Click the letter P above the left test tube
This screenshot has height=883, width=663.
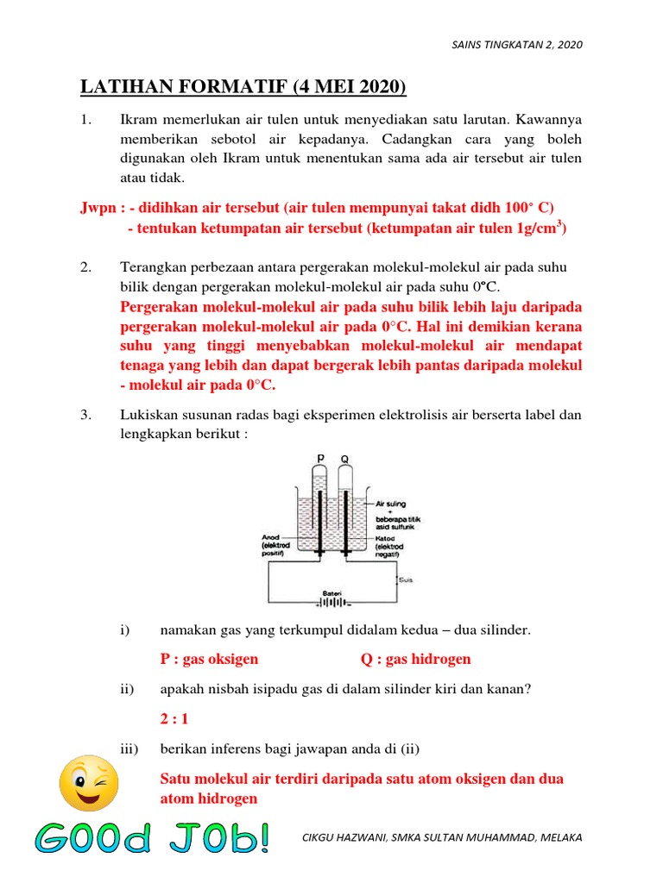320,459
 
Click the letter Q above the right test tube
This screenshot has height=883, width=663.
344,459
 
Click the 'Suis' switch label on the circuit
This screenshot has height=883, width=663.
405,579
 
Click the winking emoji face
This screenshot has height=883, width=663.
89,780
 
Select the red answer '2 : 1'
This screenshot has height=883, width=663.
174,717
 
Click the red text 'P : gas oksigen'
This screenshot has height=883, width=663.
210,659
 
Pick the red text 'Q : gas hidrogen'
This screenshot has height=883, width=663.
415,659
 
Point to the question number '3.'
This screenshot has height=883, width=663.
86,415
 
